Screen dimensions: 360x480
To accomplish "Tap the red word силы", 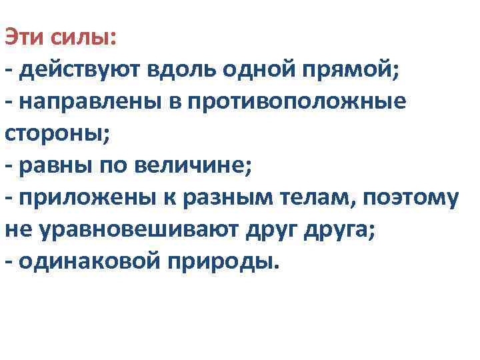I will tap(85, 37).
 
